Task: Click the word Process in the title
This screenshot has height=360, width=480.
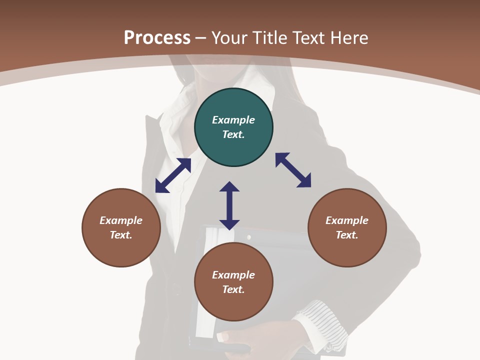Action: (x=157, y=38)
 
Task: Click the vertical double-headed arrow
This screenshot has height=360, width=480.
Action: (x=229, y=205)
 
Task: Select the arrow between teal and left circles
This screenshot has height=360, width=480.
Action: (x=173, y=175)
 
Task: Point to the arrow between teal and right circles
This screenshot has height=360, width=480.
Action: (x=293, y=170)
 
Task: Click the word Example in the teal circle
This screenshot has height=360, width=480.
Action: (x=233, y=120)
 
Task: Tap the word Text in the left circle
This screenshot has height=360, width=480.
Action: (x=121, y=235)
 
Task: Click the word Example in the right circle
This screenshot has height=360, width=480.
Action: (x=347, y=220)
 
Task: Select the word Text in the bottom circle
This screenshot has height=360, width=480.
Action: (x=233, y=289)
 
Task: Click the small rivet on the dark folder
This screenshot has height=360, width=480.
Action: (x=249, y=237)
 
